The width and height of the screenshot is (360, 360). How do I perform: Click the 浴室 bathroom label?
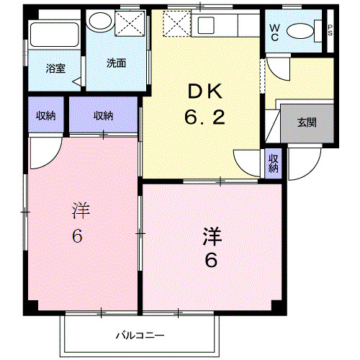(x=55, y=68)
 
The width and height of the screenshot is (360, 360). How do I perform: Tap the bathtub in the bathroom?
(x=55, y=35)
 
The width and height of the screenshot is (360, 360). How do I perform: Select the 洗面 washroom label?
(x=117, y=63)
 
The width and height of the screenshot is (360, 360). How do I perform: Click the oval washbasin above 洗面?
(x=96, y=22)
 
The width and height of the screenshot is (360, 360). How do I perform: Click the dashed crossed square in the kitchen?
(x=175, y=25)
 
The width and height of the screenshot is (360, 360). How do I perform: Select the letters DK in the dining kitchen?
(x=207, y=91)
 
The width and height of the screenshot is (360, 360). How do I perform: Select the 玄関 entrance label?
(x=306, y=122)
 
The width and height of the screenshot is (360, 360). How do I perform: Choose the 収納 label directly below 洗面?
(x=104, y=116)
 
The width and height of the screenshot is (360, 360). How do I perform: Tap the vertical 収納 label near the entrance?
(x=274, y=163)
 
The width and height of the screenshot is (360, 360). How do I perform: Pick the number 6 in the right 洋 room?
(x=210, y=260)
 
